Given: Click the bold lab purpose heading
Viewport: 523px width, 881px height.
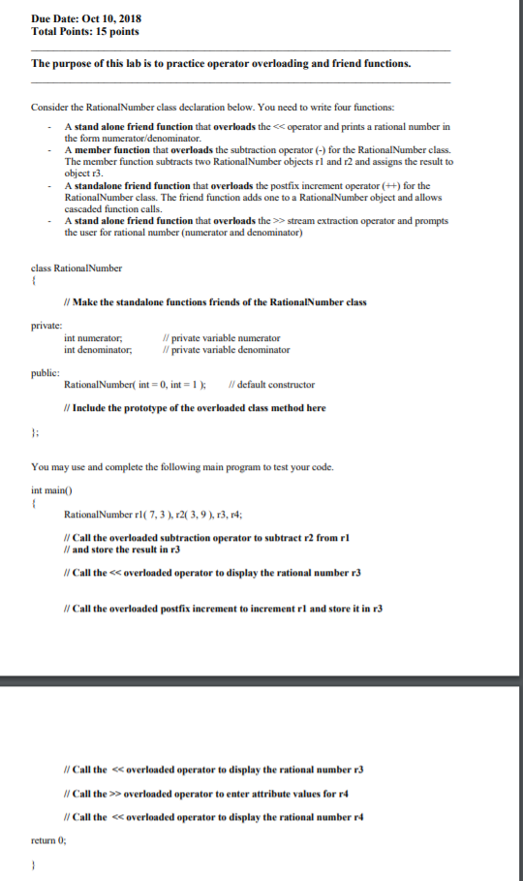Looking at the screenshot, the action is tap(221, 64).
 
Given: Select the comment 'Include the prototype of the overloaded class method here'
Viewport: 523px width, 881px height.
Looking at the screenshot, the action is tap(194, 408).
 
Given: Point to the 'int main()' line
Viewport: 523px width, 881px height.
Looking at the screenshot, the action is tap(51, 489).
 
